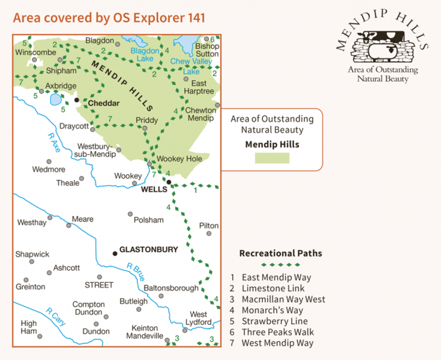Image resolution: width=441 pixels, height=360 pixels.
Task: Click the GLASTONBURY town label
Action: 149,250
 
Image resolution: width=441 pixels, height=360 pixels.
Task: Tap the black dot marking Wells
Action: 169,182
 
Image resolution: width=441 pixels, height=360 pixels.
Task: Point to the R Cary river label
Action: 56,317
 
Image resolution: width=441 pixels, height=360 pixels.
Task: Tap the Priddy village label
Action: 147,120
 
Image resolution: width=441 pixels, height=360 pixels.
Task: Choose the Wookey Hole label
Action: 180,159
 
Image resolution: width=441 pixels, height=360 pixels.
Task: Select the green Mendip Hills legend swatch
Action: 272,158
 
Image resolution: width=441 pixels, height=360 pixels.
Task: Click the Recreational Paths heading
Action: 280,254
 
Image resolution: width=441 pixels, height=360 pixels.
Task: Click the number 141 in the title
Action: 194,18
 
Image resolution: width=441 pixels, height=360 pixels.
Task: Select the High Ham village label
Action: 29,327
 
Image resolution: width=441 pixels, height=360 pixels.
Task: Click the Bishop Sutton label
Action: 207,50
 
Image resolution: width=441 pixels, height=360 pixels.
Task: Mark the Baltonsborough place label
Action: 171,288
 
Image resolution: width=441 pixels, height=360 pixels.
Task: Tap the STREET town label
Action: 99,285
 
